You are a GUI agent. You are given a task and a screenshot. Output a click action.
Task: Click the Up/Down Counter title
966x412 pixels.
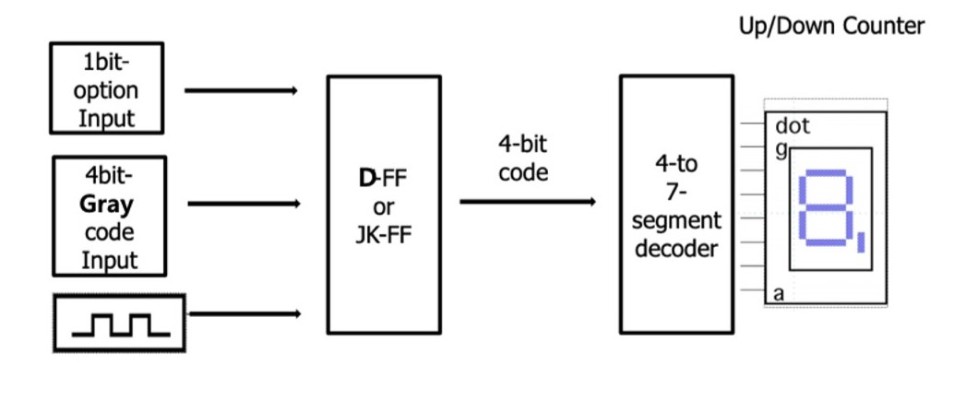[830, 27]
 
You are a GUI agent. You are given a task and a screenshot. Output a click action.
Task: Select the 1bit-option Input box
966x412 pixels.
[108, 89]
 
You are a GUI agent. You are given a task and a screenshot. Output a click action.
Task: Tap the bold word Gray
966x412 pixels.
[107, 204]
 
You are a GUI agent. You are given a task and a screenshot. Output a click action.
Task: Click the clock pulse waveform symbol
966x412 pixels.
[120, 323]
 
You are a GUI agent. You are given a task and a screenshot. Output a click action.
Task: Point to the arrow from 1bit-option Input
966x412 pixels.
[241, 90]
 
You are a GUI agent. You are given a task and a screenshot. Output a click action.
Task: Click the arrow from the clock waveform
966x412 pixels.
[244, 314]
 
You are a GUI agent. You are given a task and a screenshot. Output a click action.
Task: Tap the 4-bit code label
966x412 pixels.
[523, 158]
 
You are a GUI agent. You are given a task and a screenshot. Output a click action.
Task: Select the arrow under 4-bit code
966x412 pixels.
[527, 201]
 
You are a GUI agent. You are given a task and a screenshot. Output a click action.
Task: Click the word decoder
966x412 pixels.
[676, 247]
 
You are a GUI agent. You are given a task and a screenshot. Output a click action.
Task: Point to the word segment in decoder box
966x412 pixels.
[676, 220]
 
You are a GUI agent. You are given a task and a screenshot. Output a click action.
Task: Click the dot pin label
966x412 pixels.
[793, 125]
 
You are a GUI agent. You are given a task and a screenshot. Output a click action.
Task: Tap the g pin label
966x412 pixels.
[781, 147]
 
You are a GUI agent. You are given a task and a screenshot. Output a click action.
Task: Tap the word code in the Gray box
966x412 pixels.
[109, 231]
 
